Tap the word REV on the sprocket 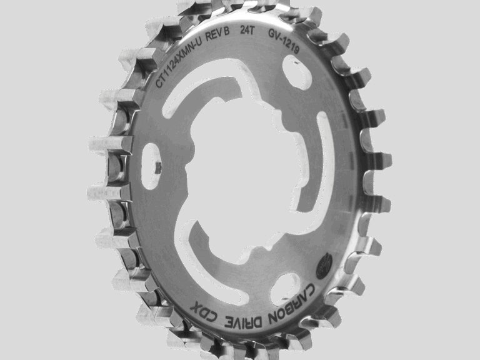pos(213,34)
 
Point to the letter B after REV pos(226,31)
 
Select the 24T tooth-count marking pos(247,30)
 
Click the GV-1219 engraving pos(284,41)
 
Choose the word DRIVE pos(244,321)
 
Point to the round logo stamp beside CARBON pos(324,266)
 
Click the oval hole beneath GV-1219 pos(296,72)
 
